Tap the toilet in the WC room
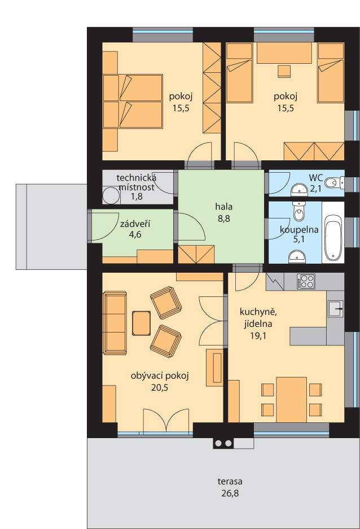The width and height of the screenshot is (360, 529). point(334,182)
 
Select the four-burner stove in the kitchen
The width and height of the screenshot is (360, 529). point(306,281)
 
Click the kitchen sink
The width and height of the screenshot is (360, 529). point(335,308)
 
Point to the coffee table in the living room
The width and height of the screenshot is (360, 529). point(141,323)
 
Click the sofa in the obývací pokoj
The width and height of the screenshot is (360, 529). point(115,323)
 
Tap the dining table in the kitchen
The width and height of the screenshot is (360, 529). point(291,400)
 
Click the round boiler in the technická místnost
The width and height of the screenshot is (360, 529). point(111,196)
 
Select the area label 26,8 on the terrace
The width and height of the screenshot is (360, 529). point(230,493)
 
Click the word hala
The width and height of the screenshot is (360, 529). point(224,207)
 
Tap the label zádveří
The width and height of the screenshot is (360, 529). point(135,224)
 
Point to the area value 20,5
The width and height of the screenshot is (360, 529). point(160,388)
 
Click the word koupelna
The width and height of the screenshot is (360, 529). point(299,230)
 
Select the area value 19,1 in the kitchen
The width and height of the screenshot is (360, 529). point(258,336)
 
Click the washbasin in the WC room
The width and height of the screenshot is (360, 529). point(299,190)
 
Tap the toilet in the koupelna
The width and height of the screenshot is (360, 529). point(298,211)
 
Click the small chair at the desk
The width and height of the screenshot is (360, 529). point(284,71)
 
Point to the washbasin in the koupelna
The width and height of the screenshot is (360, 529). point(297,257)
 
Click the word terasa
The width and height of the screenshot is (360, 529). point(230,482)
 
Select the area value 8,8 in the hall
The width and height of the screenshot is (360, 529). point(224,218)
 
